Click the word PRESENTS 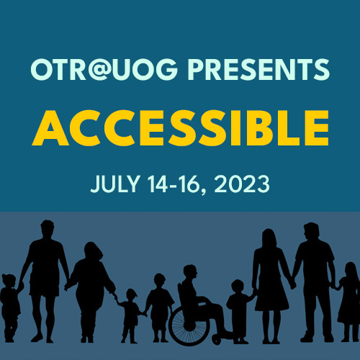258,69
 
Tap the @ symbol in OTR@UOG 98,69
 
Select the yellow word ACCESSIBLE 181,128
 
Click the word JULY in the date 115,184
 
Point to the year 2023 242,184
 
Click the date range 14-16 174,184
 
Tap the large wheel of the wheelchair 189,325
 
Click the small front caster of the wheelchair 217,340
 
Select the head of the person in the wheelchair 190,272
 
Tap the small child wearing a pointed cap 130,315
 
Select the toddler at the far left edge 9,308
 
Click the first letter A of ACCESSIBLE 50,128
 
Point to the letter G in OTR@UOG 167,69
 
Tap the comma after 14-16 203,192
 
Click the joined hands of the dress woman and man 293,285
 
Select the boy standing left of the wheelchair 159,307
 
